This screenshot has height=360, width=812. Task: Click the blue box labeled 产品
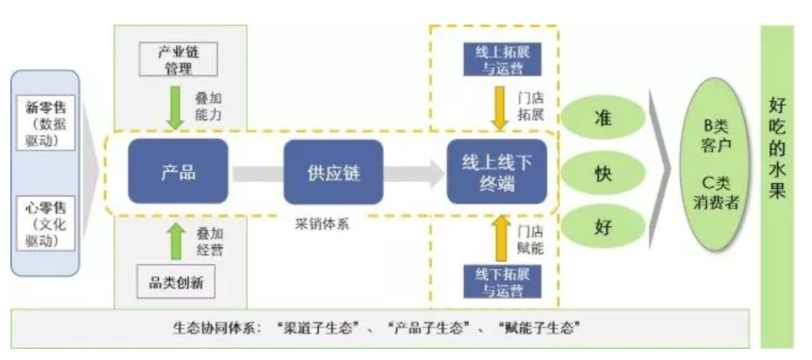point(178,171)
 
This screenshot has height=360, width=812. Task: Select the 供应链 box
point(333,172)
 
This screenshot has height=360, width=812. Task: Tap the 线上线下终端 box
point(496,172)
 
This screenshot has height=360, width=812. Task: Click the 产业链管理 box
point(178,59)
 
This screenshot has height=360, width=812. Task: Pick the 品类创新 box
point(177,283)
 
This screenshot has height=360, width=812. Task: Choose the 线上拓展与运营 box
point(502,60)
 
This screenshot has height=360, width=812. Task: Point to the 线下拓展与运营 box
point(502,282)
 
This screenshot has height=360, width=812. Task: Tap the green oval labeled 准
point(603,117)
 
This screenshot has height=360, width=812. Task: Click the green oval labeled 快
point(603,173)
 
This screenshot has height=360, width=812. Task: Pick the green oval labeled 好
point(603,228)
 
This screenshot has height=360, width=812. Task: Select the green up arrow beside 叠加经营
point(176,240)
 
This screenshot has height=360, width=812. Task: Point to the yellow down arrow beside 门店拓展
point(500,108)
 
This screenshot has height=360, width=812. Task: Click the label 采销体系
point(321,224)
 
